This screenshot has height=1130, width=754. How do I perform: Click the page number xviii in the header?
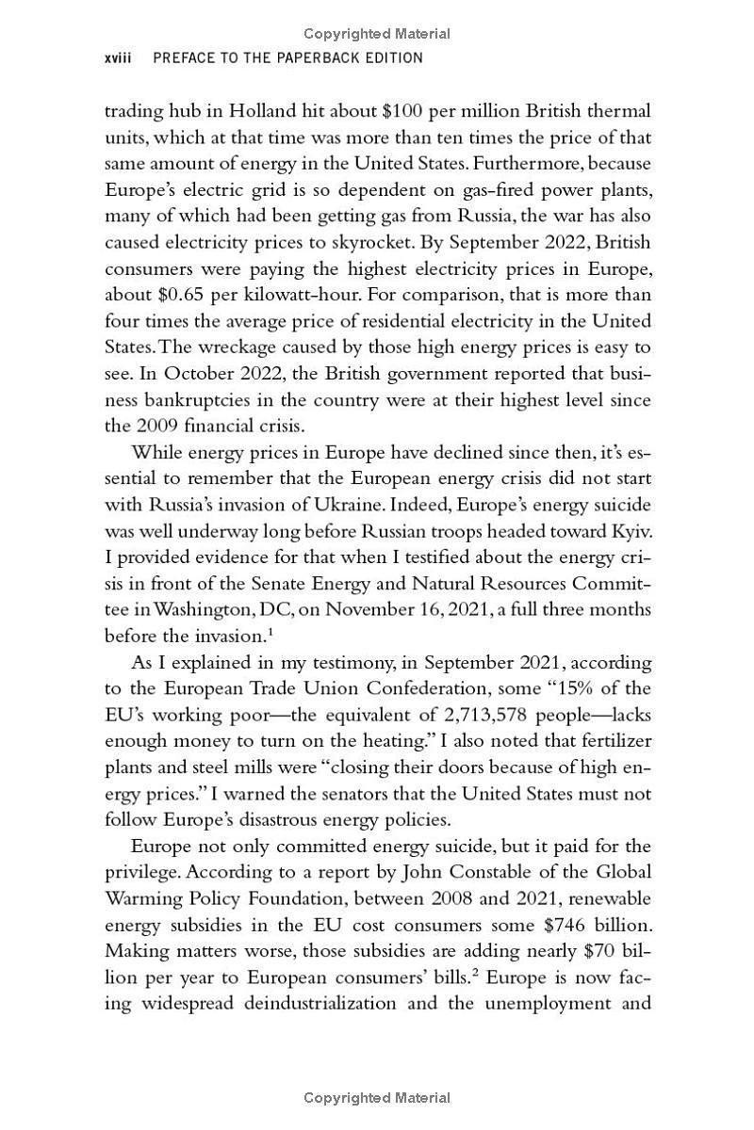tap(119, 58)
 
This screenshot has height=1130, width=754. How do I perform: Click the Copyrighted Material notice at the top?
tap(377, 34)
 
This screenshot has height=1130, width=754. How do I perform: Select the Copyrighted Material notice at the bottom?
tap(377, 1098)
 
